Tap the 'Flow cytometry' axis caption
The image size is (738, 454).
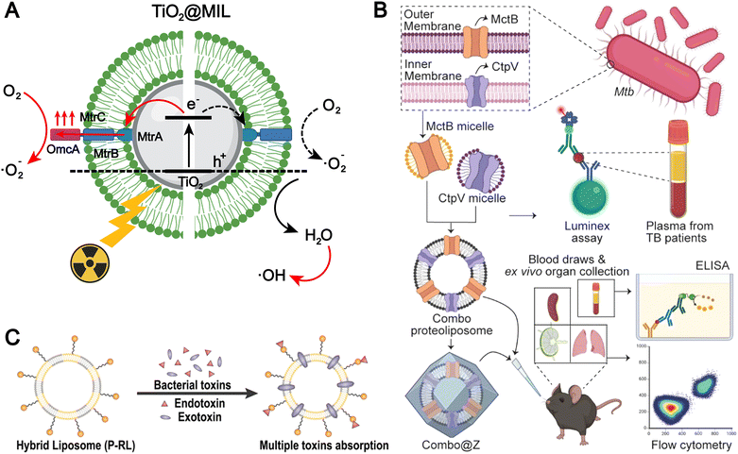coord(677,445)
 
